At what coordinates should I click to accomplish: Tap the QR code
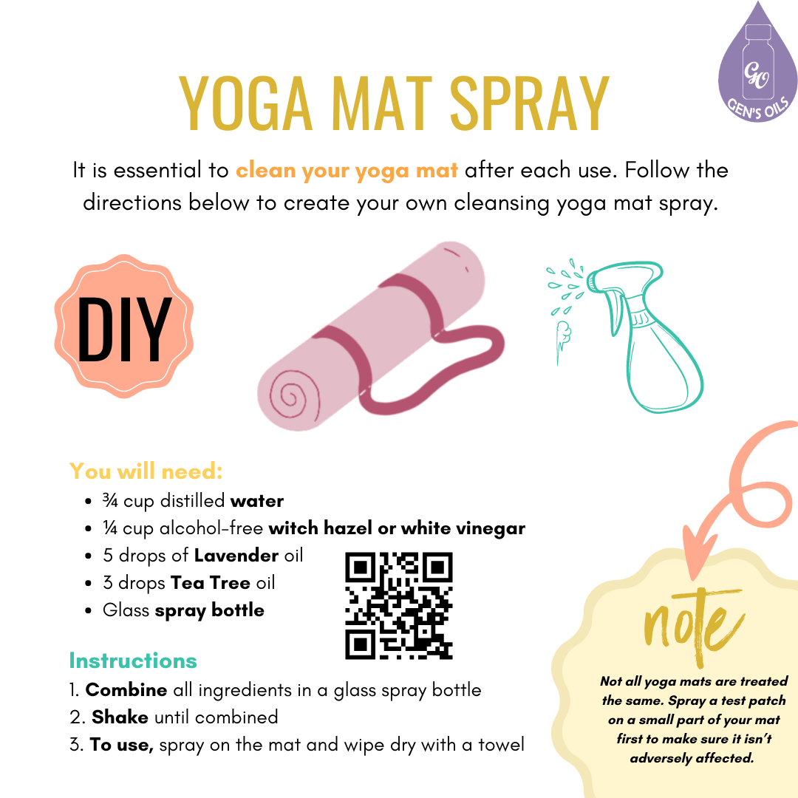398,605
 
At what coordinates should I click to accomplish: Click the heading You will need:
146,471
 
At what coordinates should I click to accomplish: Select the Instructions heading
133,660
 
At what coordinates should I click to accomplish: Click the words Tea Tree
211,582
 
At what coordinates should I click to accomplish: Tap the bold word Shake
120,717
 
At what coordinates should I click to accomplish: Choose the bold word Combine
126,690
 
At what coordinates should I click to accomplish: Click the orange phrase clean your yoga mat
347,171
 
